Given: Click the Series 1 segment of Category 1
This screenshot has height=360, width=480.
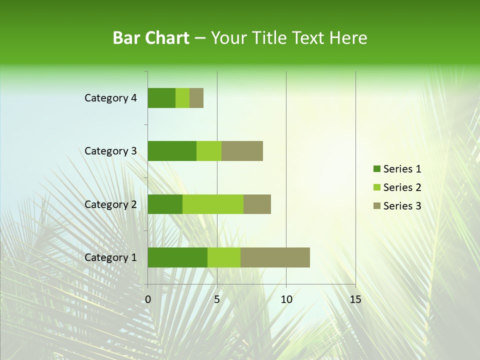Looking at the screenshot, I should click(x=177, y=257).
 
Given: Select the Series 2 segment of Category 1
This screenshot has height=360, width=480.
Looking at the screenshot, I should click(x=224, y=257).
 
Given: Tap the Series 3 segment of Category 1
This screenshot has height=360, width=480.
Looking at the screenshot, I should click(x=275, y=257).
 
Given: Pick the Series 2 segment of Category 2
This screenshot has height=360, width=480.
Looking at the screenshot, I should click(x=213, y=204).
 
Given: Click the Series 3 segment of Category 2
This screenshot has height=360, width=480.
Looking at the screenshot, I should click(x=257, y=204).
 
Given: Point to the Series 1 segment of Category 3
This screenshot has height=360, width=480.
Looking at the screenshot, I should click(x=172, y=151).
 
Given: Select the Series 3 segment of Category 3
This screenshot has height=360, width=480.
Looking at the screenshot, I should click(x=242, y=151).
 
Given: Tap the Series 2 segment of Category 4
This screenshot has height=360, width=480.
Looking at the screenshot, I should click(x=182, y=98).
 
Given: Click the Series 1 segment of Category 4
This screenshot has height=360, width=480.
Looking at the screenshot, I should click(x=161, y=98).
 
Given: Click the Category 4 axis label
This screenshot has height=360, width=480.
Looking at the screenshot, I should click(x=110, y=98).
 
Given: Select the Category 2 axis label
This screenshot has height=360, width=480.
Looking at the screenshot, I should click(x=110, y=204).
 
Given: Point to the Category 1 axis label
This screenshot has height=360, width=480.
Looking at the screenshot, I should click(x=110, y=257).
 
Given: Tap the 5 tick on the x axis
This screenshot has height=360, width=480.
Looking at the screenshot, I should click(x=217, y=299).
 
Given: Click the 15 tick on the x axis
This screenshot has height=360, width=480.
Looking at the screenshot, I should click(x=355, y=299).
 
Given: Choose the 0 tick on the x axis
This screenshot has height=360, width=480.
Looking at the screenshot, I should click(x=148, y=299).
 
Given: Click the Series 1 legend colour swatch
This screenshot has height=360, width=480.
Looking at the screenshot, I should click(x=376, y=169).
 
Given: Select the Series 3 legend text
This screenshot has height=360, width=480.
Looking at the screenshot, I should click(x=402, y=206).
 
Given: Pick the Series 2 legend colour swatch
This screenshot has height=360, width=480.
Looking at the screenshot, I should click(x=376, y=187).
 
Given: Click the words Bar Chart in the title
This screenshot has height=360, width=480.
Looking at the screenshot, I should click(x=151, y=38).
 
